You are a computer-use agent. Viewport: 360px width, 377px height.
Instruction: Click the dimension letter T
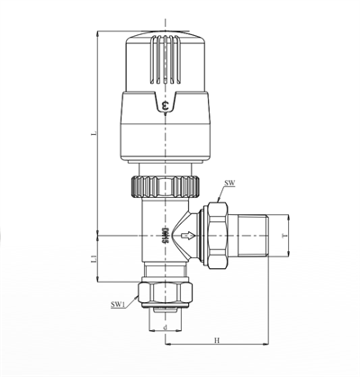(x=285, y=238)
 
